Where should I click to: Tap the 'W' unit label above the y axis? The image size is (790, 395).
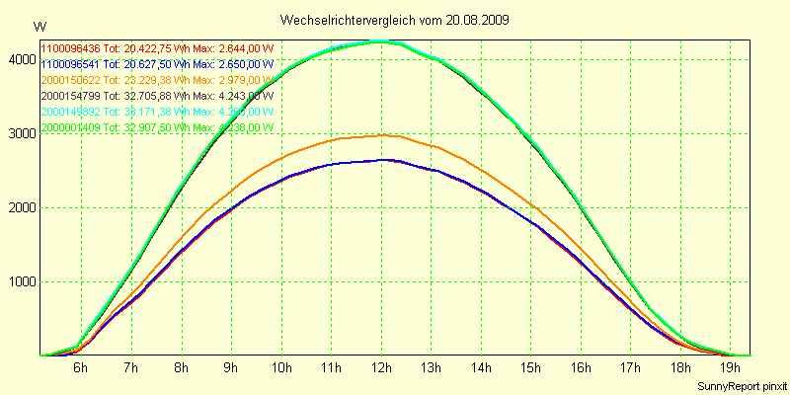pyautogui.click(x=39, y=26)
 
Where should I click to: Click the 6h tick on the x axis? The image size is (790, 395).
pyautogui.click(x=80, y=368)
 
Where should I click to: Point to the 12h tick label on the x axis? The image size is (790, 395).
pyautogui.click(x=381, y=368)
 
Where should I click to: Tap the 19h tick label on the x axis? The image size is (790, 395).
pyautogui.click(x=732, y=368)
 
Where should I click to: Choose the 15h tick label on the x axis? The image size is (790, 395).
pyautogui.click(x=531, y=368)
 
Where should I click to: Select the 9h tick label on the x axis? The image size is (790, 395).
pyautogui.click(x=230, y=368)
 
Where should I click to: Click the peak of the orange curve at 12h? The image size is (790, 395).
pyautogui.click(x=381, y=135)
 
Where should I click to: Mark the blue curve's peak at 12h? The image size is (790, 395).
pyautogui.click(x=381, y=159)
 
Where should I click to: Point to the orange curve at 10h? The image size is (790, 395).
pyautogui.click(x=280, y=155)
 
